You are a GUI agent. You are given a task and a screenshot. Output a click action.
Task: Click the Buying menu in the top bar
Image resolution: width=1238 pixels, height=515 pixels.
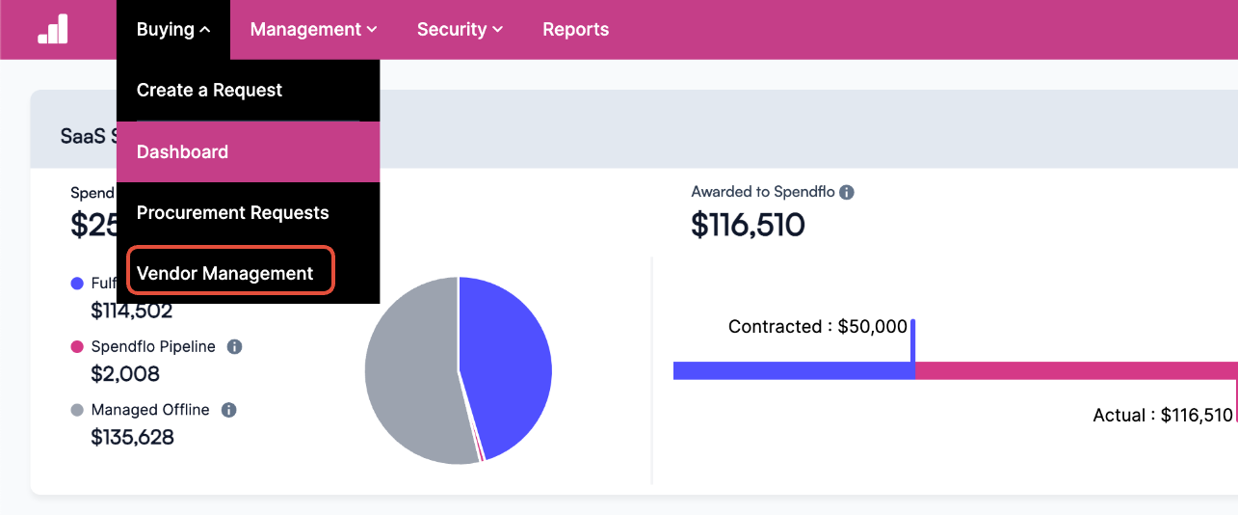pyautogui.click(x=173, y=30)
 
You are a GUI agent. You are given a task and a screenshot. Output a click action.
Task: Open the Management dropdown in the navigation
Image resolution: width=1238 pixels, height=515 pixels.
pyautogui.click(x=313, y=30)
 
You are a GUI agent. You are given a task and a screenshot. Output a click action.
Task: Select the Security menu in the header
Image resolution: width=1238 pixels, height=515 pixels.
pyautogui.click(x=460, y=30)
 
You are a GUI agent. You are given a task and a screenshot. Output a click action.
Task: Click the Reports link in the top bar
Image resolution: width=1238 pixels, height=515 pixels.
pyautogui.click(x=575, y=30)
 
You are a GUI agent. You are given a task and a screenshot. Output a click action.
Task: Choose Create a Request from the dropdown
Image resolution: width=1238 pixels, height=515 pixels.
pyautogui.click(x=209, y=91)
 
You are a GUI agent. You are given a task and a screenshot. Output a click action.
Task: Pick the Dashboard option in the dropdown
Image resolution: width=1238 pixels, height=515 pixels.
pyautogui.click(x=182, y=152)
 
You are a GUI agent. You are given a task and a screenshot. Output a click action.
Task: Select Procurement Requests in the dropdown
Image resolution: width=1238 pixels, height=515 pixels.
pyautogui.click(x=232, y=213)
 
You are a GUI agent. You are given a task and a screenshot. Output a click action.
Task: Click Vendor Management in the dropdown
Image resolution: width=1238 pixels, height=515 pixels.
pyautogui.click(x=225, y=274)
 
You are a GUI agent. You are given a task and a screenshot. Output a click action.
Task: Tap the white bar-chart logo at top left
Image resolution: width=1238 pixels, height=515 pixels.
pyautogui.click(x=53, y=30)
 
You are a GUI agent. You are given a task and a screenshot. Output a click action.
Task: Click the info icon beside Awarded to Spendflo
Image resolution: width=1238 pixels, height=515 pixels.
pyautogui.click(x=847, y=192)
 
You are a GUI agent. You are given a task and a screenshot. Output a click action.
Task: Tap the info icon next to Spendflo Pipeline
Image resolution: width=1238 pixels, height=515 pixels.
pyautogui.click(x=234, y=347)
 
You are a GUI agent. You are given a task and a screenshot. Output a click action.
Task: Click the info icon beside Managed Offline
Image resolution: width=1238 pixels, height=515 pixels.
pyautogui.click(x=228, y=410)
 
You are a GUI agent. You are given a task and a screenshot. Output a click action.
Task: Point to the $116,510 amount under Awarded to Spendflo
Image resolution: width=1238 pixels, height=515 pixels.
pyautogui.click(x=748, y=225)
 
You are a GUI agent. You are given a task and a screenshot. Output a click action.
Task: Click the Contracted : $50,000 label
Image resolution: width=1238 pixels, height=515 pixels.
pyautogui.click(x=817, y=327)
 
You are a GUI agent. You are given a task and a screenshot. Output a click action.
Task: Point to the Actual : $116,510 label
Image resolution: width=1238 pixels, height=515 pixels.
pyautogui.click(x=1162, y=416)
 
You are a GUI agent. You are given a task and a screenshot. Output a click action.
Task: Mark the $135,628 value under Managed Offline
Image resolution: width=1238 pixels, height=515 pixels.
pyautogui.click(x=132, y=437)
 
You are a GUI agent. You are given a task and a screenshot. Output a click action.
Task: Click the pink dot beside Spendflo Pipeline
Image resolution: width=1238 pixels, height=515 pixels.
pyautogui.click(x=77, y=347)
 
